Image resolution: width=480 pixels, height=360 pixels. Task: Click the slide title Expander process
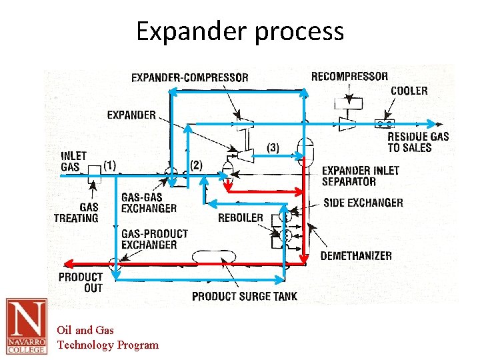tap(240, 31)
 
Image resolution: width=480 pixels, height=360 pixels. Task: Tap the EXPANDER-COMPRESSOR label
tap(190, 77)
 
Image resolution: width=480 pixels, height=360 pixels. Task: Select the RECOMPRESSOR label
tap(349, 76)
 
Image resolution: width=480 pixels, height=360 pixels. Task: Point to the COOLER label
tap(409, 91)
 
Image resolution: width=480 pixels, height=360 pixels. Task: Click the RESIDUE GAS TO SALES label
tap(418, 142)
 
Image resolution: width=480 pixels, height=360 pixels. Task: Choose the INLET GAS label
tap(74, 161)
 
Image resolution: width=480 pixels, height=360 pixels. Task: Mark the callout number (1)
tap(110, 164)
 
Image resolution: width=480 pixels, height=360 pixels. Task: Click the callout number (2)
tap(196, 165)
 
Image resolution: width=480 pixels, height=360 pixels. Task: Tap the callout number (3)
tap(273, 147)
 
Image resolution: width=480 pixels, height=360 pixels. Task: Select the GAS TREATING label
tap(76, 213)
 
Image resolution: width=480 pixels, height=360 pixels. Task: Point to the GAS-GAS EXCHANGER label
tap(149, 203)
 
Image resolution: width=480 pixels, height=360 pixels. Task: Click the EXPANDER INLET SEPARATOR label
tap(361, 176)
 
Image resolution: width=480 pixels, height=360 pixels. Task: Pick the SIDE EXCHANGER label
tap(363, 203)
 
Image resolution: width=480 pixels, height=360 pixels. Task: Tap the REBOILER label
tap(241, 218)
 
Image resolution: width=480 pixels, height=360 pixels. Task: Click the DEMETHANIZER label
tap(356, 256)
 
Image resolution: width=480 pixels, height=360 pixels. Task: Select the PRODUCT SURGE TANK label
tap(245, 296)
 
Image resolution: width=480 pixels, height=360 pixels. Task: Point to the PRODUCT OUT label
tap(81, 282)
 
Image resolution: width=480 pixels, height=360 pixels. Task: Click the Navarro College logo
tap(26, 325)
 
